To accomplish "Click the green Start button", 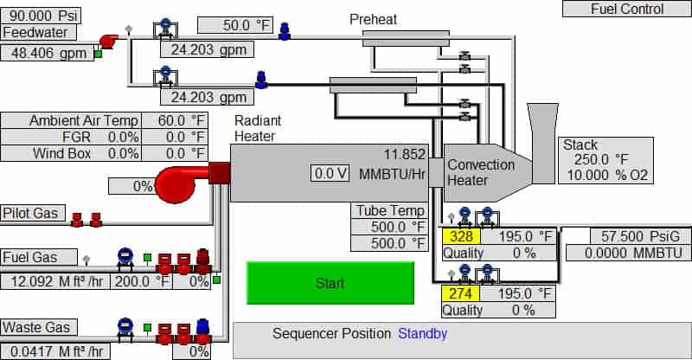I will (330, 283).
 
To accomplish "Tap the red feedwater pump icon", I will (110, 41).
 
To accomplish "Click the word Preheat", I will (373, 19).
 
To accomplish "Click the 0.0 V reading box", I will (330, 174).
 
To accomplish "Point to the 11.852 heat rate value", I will (404, 155).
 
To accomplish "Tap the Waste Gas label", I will (35, 327).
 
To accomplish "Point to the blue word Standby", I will (422, 333).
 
